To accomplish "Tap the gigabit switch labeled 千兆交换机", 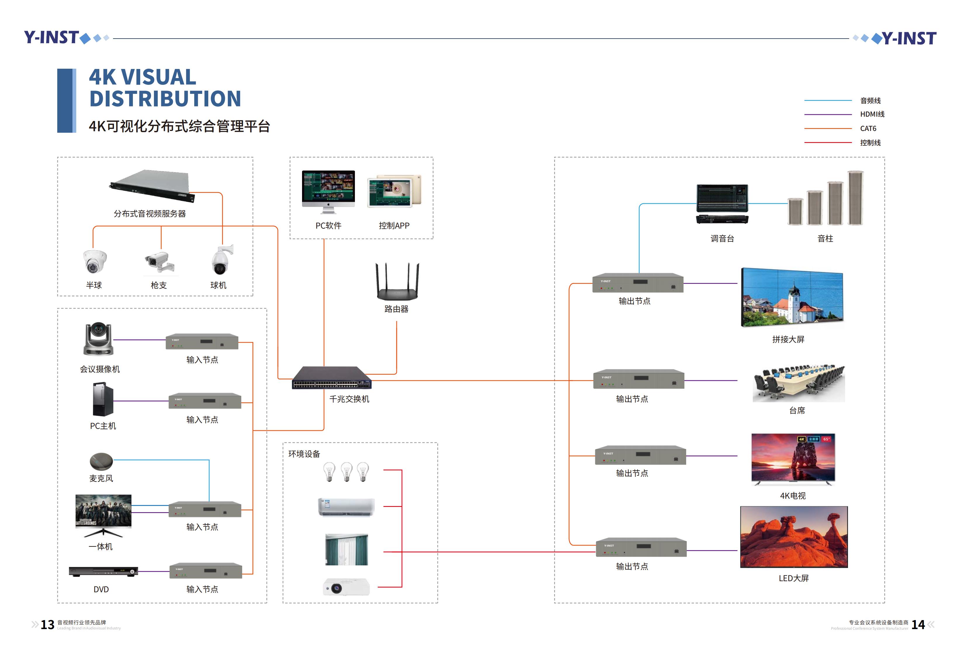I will click(x=331, y=377).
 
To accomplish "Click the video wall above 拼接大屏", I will click(x=792, y=297).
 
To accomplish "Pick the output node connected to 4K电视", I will click(x=640, y=455).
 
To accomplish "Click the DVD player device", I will click(x=103, y=571).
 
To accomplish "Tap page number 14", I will click(x=918, y=624).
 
